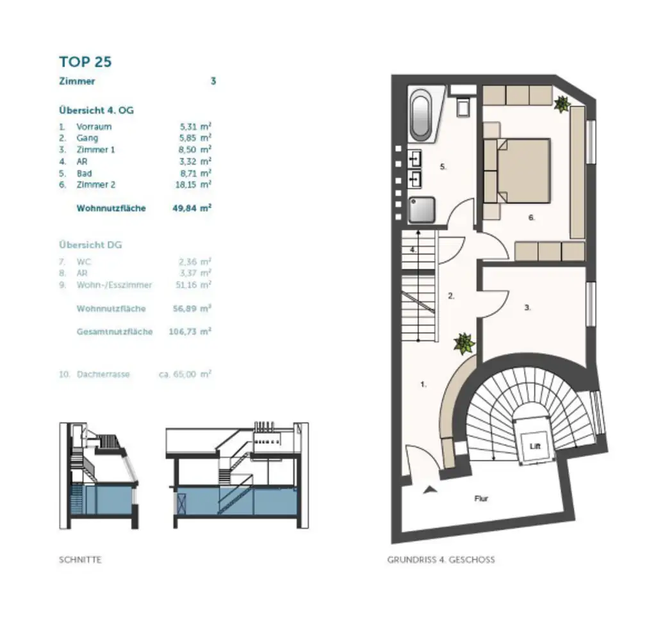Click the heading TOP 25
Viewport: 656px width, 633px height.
point(85,62)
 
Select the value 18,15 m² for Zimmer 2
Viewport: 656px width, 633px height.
point(196,185)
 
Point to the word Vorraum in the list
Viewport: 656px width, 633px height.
point(94,127)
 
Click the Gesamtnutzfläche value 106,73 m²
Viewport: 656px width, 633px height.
point(192,332)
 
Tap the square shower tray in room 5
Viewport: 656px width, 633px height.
point(422,210)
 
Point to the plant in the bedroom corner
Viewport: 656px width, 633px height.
point(562,103)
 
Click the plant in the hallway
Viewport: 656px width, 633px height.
point(464,343)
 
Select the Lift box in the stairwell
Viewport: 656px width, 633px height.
point(533,447)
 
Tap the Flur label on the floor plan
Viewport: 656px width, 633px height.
point(481,498)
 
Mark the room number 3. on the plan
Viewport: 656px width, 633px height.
point(527,308)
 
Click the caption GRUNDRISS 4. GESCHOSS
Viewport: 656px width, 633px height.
point(441,560)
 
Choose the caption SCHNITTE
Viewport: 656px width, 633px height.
point(80,560)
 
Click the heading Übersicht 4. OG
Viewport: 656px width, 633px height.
point(96,110)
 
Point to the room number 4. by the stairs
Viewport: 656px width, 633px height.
point(414,250)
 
